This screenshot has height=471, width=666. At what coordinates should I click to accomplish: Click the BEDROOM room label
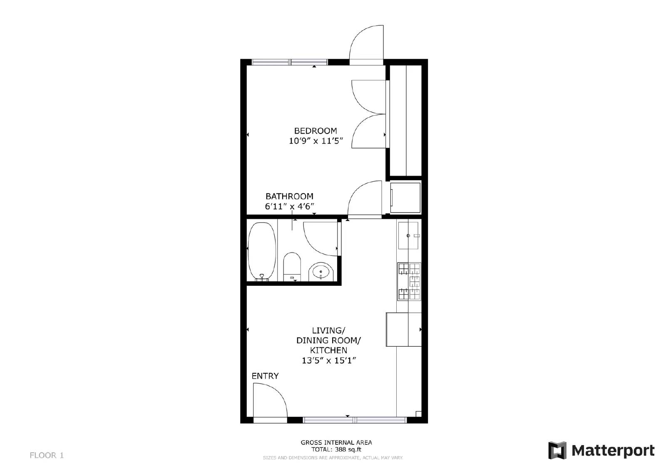[315, 131]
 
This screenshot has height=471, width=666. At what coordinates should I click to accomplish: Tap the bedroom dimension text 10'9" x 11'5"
[315, 141]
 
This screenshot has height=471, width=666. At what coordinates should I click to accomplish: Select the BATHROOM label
[289, 196]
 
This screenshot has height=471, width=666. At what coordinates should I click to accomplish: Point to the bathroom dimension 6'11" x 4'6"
[289, 206]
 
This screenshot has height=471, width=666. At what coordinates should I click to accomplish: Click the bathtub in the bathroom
[262, 251]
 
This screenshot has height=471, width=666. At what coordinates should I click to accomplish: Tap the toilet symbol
[292, 267]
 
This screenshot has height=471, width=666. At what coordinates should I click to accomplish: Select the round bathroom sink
[321, 272]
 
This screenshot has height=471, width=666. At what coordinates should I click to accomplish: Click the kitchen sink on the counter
[408, 235]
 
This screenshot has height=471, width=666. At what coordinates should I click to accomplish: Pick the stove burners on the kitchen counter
[409, 281]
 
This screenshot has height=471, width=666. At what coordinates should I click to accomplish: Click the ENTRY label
[265, 376]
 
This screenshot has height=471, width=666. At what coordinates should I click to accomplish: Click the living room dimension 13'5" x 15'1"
[328, 361]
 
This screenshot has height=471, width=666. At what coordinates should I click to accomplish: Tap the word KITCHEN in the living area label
[328, 350]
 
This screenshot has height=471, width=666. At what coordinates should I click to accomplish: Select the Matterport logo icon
[557, 450]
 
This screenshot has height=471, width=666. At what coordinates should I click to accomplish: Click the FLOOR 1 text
[47, 455]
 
